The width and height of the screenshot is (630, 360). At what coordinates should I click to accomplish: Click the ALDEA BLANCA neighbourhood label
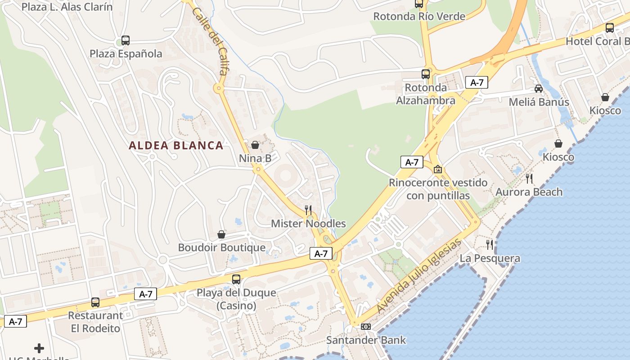click(176, 145)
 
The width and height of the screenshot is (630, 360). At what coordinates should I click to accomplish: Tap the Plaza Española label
click(126, 54)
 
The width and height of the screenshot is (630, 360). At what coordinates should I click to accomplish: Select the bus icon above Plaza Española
click(126, 40)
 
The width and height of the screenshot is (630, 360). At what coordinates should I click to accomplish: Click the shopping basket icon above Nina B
click(255, 145)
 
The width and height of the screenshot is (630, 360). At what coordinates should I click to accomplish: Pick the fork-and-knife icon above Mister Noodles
click(308, 210)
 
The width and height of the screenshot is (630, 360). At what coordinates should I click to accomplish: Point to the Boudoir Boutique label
click(222, 247)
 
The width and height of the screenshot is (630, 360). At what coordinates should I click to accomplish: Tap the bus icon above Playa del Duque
click(236, 279)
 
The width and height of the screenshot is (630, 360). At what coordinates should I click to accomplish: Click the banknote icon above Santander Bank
click(366, 327)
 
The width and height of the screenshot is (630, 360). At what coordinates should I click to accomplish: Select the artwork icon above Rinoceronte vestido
click(437, 170)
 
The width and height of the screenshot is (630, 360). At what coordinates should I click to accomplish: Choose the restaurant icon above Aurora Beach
click(529, 179)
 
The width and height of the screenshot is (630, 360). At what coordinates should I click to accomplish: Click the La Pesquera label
click(490, 258)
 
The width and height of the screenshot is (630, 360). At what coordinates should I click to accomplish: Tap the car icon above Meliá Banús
click(539, 89)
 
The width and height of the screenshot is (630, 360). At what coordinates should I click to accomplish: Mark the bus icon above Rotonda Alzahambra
click(426, 74)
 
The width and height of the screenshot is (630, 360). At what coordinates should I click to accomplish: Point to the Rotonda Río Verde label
click(419, 17)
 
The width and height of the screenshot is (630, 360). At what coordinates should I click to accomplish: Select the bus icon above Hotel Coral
click(610, 28)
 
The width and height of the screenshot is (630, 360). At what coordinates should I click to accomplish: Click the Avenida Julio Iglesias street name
click(419, 276)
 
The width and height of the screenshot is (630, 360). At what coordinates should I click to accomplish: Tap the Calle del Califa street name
click(210, 40)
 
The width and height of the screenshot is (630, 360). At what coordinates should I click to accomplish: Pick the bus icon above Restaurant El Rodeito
click(95, 302)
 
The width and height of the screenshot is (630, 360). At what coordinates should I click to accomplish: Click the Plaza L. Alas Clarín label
click(67, 7)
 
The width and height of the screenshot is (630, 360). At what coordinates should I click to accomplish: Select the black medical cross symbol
click(39, 348)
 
